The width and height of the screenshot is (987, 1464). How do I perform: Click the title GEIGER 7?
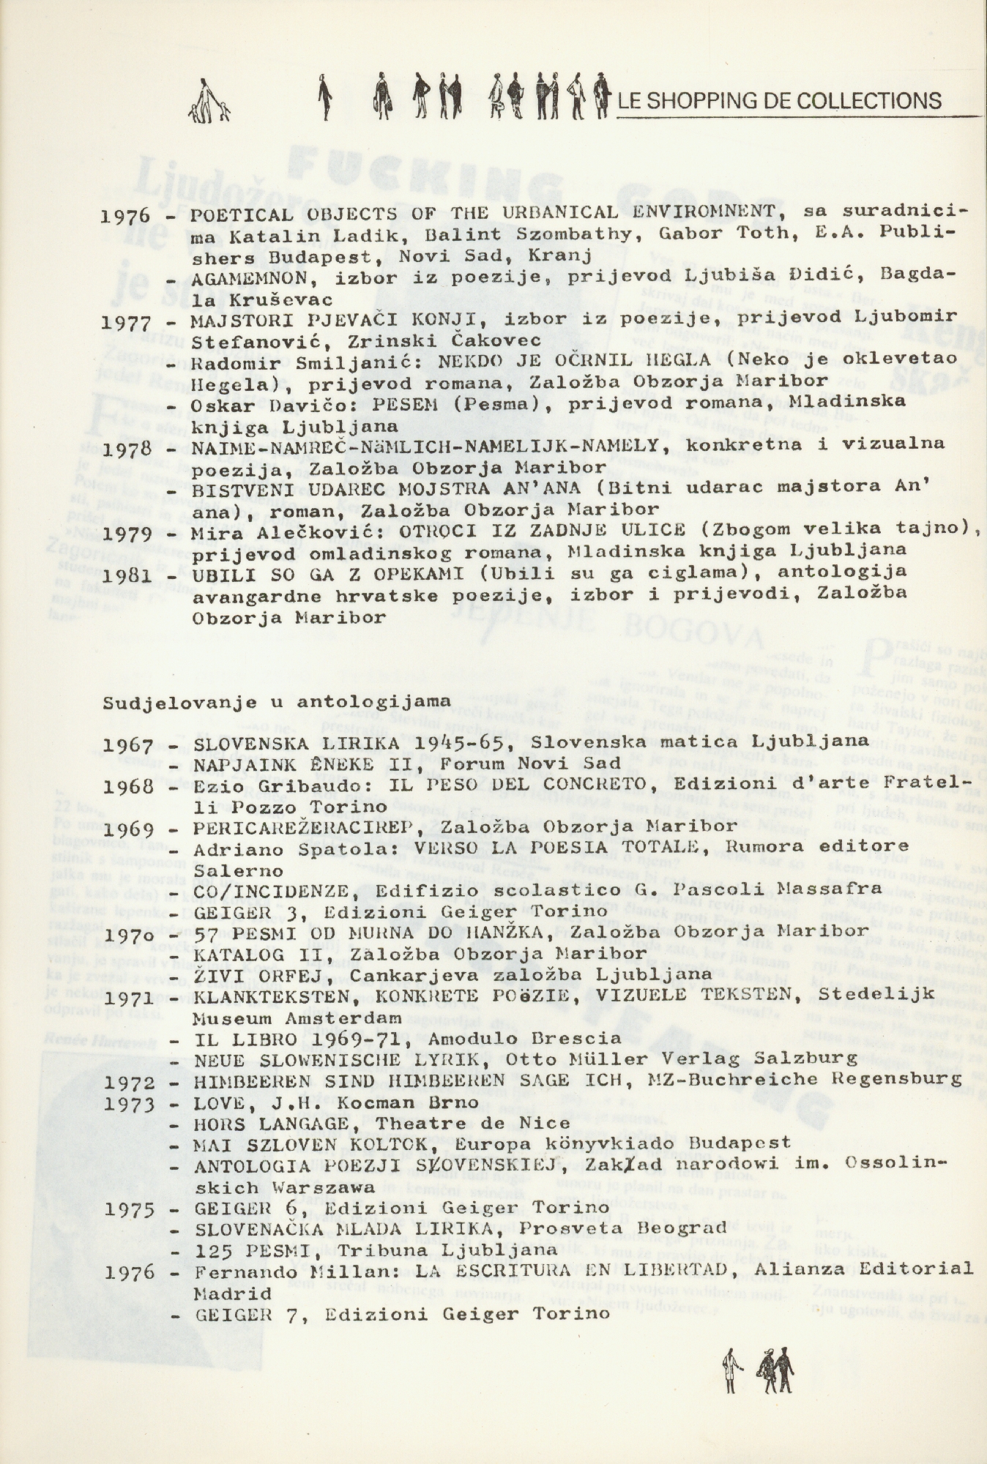point(240,1314)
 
